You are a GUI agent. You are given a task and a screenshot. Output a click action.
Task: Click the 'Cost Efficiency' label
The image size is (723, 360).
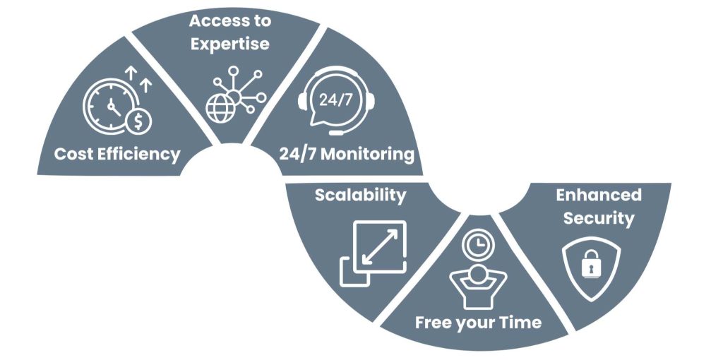(x=117, y=154)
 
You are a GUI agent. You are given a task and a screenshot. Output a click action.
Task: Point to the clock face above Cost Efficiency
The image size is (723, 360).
(x=110, y=107)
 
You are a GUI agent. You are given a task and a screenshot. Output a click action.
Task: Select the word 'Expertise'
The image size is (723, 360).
(x=229, y=44)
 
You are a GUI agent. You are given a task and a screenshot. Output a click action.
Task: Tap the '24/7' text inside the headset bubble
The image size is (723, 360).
(x=335, y=100)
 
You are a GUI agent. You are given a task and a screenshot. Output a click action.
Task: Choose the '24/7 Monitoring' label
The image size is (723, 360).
(x=346, y=154)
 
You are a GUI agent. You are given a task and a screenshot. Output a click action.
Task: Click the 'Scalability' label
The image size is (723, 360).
(x=360, y=195)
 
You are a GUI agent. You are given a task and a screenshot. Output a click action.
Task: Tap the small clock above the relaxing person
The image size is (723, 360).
(x=478, y=244)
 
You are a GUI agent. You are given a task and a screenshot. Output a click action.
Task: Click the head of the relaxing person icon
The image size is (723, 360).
(x=478, y=274)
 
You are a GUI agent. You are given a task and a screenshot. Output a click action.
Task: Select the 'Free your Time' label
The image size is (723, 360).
(x=478, y=323)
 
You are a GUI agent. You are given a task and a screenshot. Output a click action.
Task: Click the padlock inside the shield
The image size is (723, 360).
(x=588, y=265)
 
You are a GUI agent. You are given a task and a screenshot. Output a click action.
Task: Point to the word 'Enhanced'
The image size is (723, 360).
(x=598, y=195)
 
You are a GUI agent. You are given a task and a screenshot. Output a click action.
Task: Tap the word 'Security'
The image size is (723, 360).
(x=599, y=218)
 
